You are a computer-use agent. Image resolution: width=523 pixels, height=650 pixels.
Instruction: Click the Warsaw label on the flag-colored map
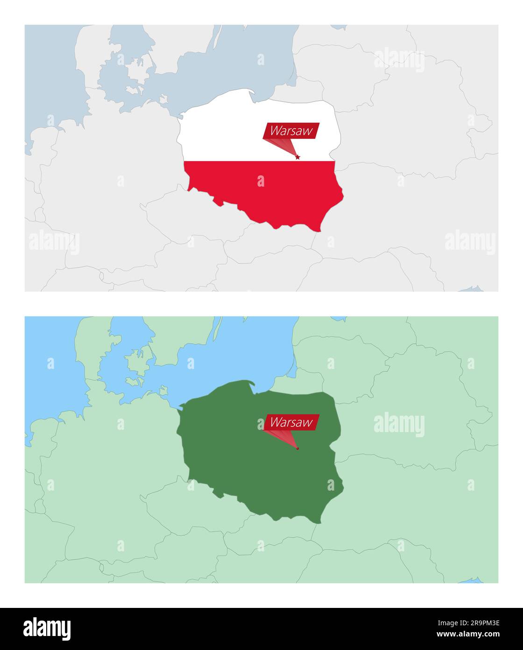pyautogui.click(x=291, y=131)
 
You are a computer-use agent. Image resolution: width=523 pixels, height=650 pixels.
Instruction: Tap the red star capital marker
pyautogui.click(x=298, y=157)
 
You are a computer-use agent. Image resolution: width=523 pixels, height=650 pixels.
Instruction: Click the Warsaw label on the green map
pyautogui.click(x=291, y=422)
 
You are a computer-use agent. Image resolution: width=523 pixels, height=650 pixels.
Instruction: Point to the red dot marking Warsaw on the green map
pyautogui.click(x=297, y=448)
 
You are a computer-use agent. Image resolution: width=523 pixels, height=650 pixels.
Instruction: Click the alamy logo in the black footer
pyautogui.click(x=47, y=629)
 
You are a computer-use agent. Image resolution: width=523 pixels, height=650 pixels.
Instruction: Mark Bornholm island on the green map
pyautogui.click(x=163, y=390)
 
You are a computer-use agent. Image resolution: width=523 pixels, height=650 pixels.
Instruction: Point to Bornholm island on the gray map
pyautogui.click(x=163, y=99)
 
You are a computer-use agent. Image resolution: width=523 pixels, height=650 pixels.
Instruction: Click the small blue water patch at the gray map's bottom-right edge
pyautogui.click(x=472, y=289)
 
